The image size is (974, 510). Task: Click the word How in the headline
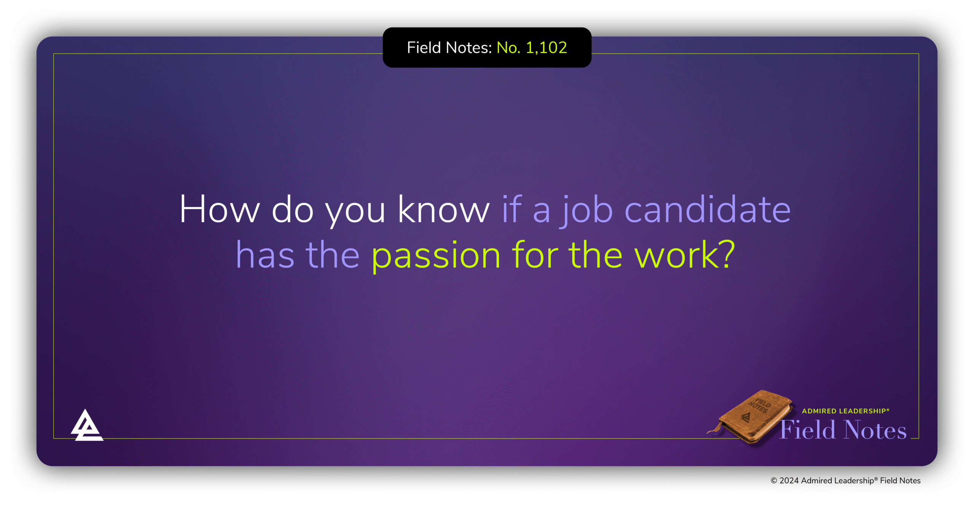[220, 209]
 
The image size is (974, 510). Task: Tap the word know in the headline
[443, 209]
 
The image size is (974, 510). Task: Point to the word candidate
[708, 209]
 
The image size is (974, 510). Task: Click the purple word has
[265, 255]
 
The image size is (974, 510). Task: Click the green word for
[535, 255]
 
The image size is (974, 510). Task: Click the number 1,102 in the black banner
[546, 48]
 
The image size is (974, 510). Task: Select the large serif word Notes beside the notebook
[875, 430]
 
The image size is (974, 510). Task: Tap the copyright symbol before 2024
[774, 481]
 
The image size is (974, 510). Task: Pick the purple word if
[512, 209]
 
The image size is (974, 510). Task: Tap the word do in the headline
[292, 209]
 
